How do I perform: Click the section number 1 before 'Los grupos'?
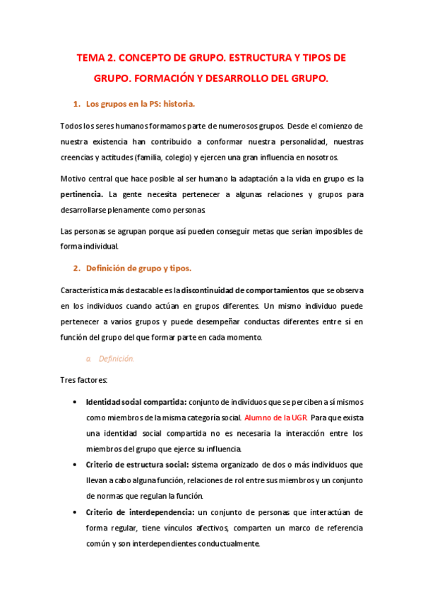pyautogui.click(x=76, y=105)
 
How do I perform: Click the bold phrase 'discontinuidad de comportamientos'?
pyautogui.click(x=245, y=290)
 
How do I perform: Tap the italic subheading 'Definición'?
pyautogui.click(x=116, y=358)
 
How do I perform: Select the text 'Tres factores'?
pyautogui.click(x=84, y=381)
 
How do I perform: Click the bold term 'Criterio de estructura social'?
pyautogui.click(x=137, y=464)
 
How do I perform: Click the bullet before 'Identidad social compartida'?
pyautogui.click(x=76, y=402)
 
